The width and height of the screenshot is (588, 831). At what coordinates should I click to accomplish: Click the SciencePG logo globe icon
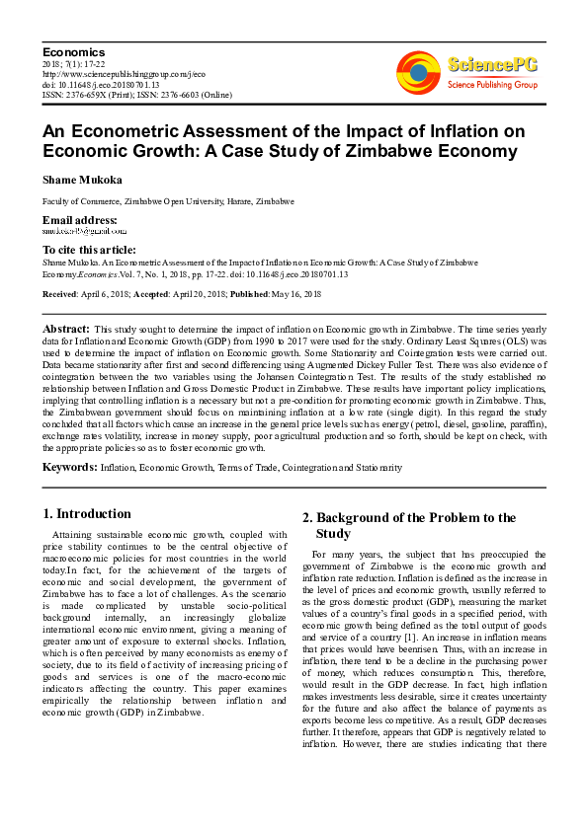419,71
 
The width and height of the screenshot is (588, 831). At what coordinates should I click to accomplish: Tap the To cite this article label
89,250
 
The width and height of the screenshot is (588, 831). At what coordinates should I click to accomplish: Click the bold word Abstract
67,327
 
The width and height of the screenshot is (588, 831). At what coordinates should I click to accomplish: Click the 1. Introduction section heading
87,514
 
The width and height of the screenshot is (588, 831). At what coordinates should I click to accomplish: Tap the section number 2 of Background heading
306,518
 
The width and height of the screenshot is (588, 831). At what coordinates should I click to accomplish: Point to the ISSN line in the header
136,95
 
